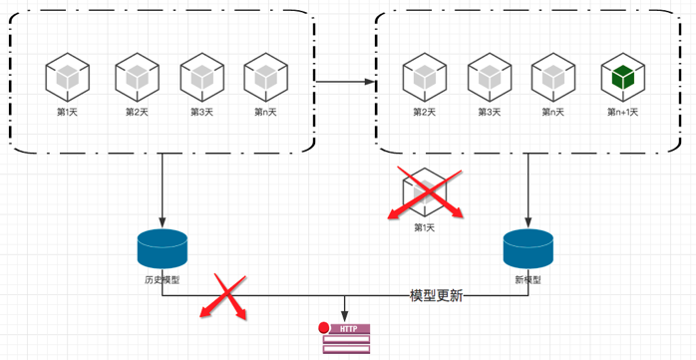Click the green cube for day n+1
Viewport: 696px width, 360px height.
tap(623, 77)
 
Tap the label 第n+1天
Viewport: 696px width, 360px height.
tap(623, 113)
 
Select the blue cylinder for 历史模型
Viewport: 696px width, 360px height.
tap(162, 248)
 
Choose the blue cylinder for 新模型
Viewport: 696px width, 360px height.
tap(528, 248)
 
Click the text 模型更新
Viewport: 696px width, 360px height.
tap(437, 296)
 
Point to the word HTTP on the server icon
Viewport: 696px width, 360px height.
tap(348, 329)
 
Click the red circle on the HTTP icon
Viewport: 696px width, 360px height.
tap(324, 328)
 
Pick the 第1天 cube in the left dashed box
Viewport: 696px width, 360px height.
tap(68, 77)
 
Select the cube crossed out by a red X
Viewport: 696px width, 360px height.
tap(425, 192)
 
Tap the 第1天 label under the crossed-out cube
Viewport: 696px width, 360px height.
tap(425, 227)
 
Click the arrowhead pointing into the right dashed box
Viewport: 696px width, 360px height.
tap(371, 82)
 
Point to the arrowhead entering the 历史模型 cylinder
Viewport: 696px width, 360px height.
tap(162, 222)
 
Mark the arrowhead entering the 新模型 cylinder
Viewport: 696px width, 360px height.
tap(528, 222)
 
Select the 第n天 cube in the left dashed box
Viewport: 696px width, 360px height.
tap(265, 77)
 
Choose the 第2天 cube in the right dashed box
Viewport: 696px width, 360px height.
tap(425, 77)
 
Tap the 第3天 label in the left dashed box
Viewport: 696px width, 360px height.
tap(202, 113)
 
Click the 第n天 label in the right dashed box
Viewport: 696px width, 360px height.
tap(553, 113)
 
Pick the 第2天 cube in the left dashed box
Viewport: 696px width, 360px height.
tap(138, 77)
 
